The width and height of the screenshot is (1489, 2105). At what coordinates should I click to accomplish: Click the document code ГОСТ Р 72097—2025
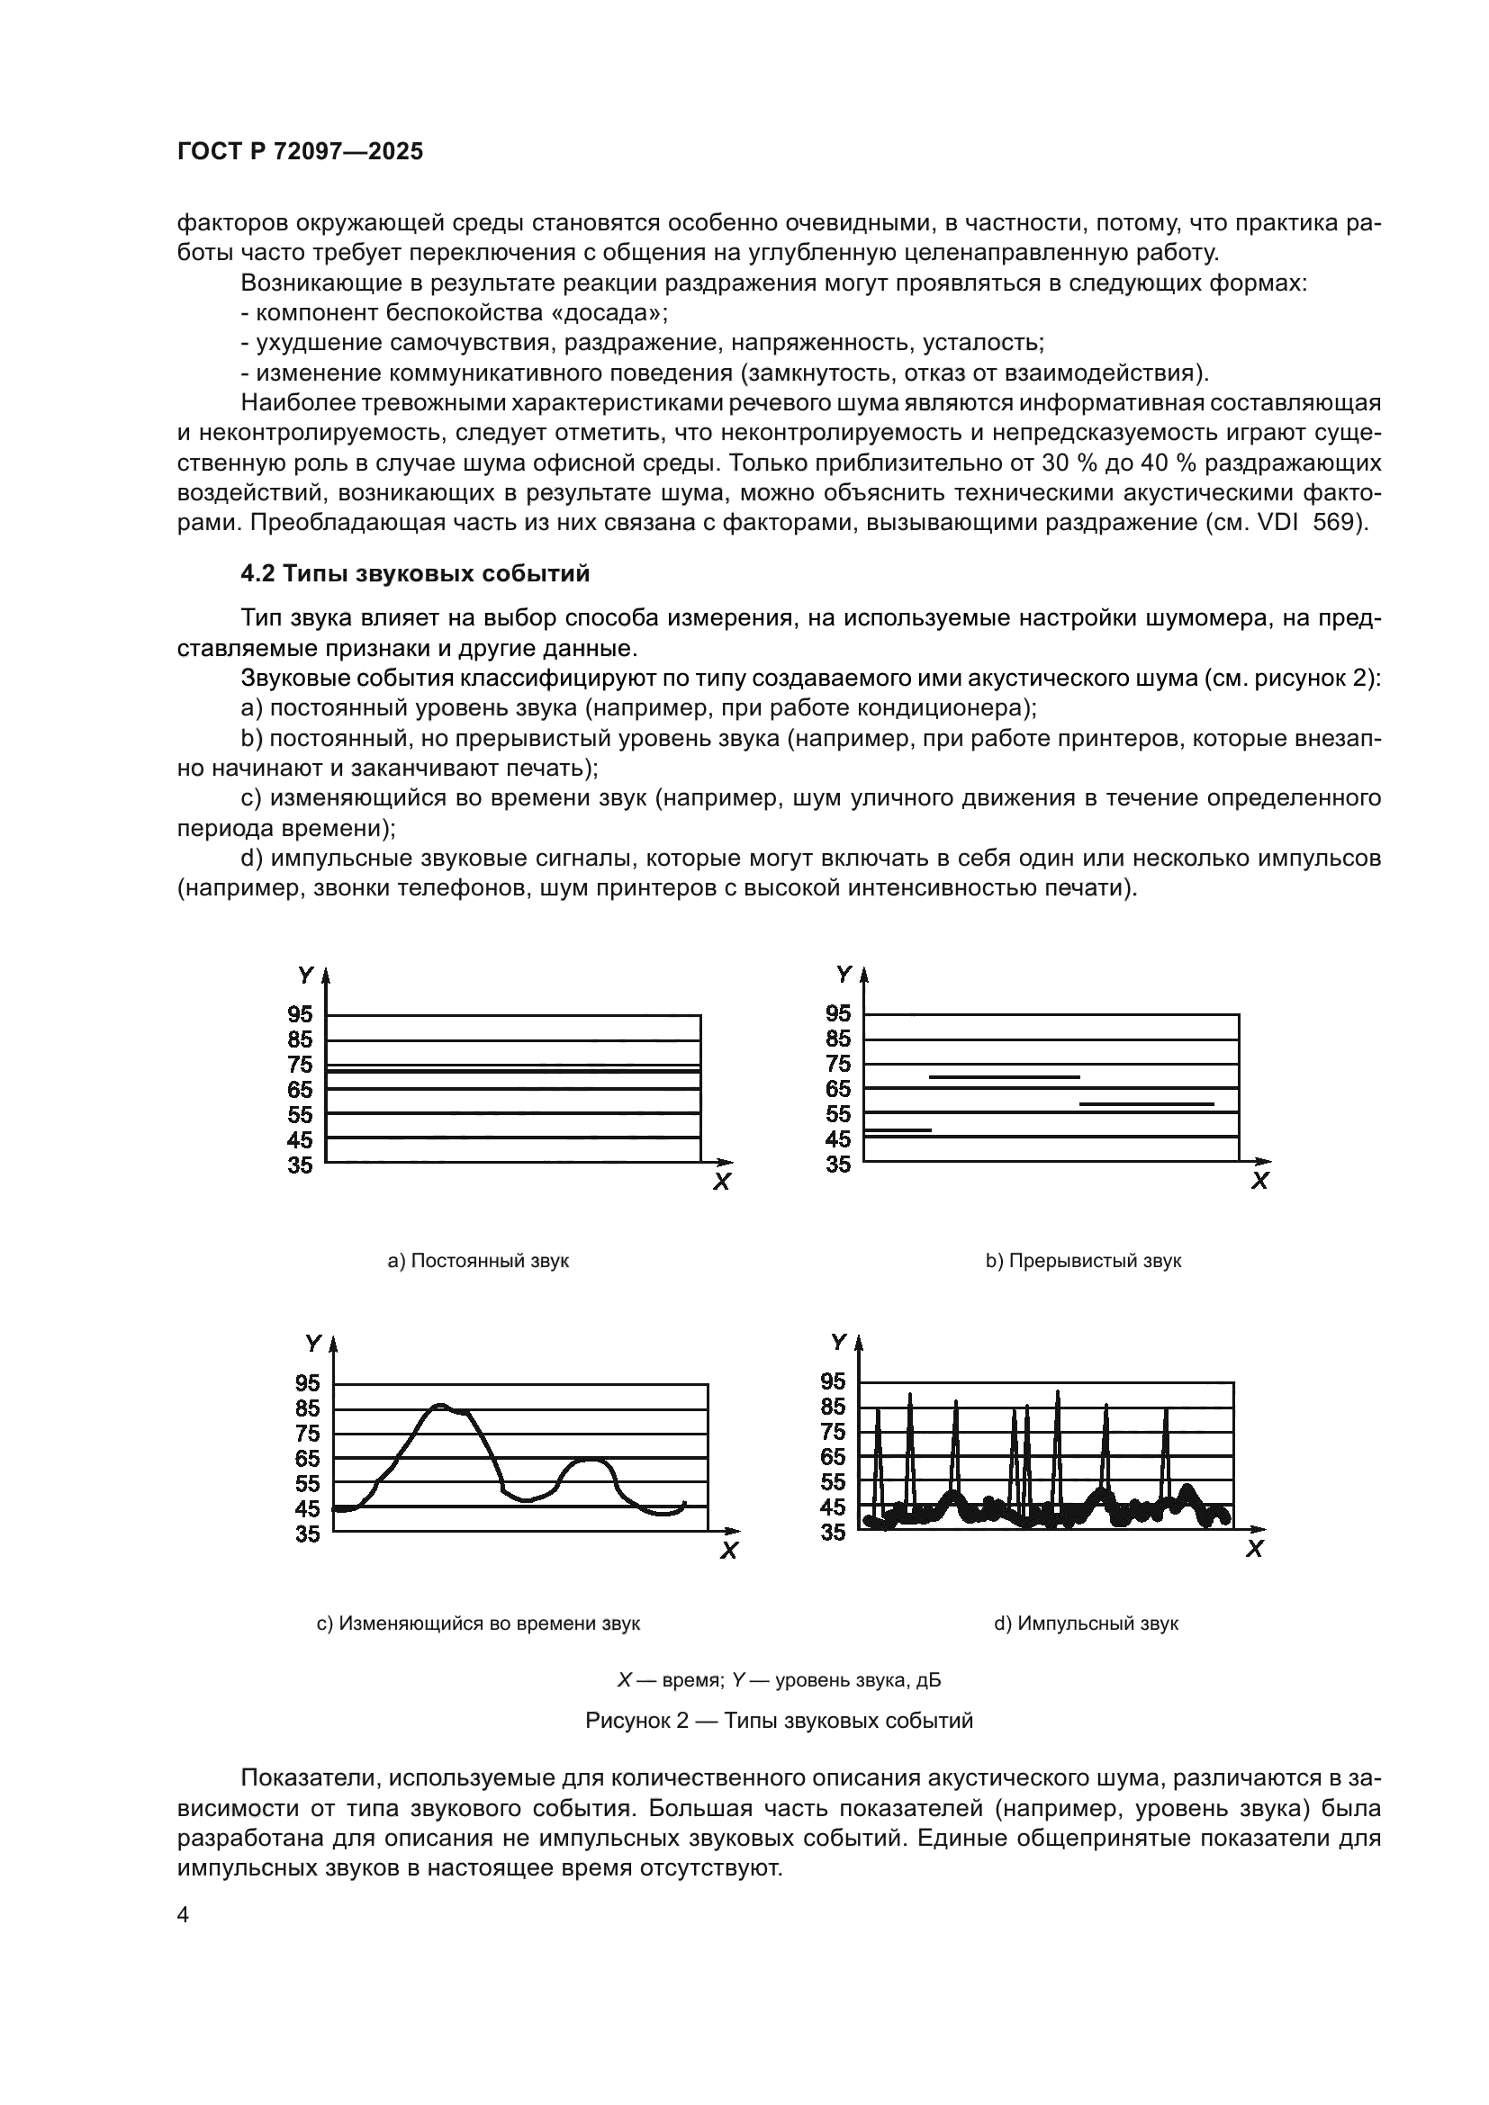click(300, 151)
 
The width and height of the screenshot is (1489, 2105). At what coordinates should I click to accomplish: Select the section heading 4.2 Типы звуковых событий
click(414, 574)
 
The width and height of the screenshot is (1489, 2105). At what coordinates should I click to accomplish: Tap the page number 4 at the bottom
click(184, 1915)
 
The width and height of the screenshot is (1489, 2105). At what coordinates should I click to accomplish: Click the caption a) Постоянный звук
click(478, 1261)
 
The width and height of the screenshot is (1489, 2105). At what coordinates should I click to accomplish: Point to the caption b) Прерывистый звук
click(1083, 1261)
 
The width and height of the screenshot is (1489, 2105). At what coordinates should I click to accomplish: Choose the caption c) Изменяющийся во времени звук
click(478, 1624)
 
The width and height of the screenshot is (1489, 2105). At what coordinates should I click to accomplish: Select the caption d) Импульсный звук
click(1086, 1624)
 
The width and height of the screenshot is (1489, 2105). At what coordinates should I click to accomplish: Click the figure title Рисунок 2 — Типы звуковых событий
click(779, 1721)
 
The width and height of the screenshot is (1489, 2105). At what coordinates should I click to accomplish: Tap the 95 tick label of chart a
click(300, 1014)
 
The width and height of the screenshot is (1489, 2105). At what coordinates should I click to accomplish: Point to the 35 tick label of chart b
click(838, 1165)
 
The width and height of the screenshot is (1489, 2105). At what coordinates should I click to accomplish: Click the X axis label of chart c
click(729, 1552)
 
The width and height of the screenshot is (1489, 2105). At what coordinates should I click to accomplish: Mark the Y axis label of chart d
click(837, 1342)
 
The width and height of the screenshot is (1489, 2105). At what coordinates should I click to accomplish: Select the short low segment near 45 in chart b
click(898, 1130)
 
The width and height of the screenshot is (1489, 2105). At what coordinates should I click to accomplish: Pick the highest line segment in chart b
click(1004, 1077)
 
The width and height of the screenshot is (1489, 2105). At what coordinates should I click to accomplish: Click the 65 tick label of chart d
click(833, 1457)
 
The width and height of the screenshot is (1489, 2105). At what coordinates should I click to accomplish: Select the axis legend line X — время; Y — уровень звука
click(779, 1680)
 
